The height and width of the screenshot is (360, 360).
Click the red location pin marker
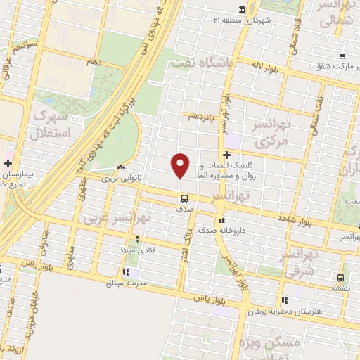(181, 165)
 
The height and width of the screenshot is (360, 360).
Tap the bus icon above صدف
(184, 198)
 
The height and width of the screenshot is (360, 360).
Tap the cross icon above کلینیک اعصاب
(226, 155)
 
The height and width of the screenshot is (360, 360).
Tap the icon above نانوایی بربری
(122, 167)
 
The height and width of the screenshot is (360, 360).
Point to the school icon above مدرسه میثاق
(126, 272)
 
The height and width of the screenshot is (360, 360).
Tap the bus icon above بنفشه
(341, 278)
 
